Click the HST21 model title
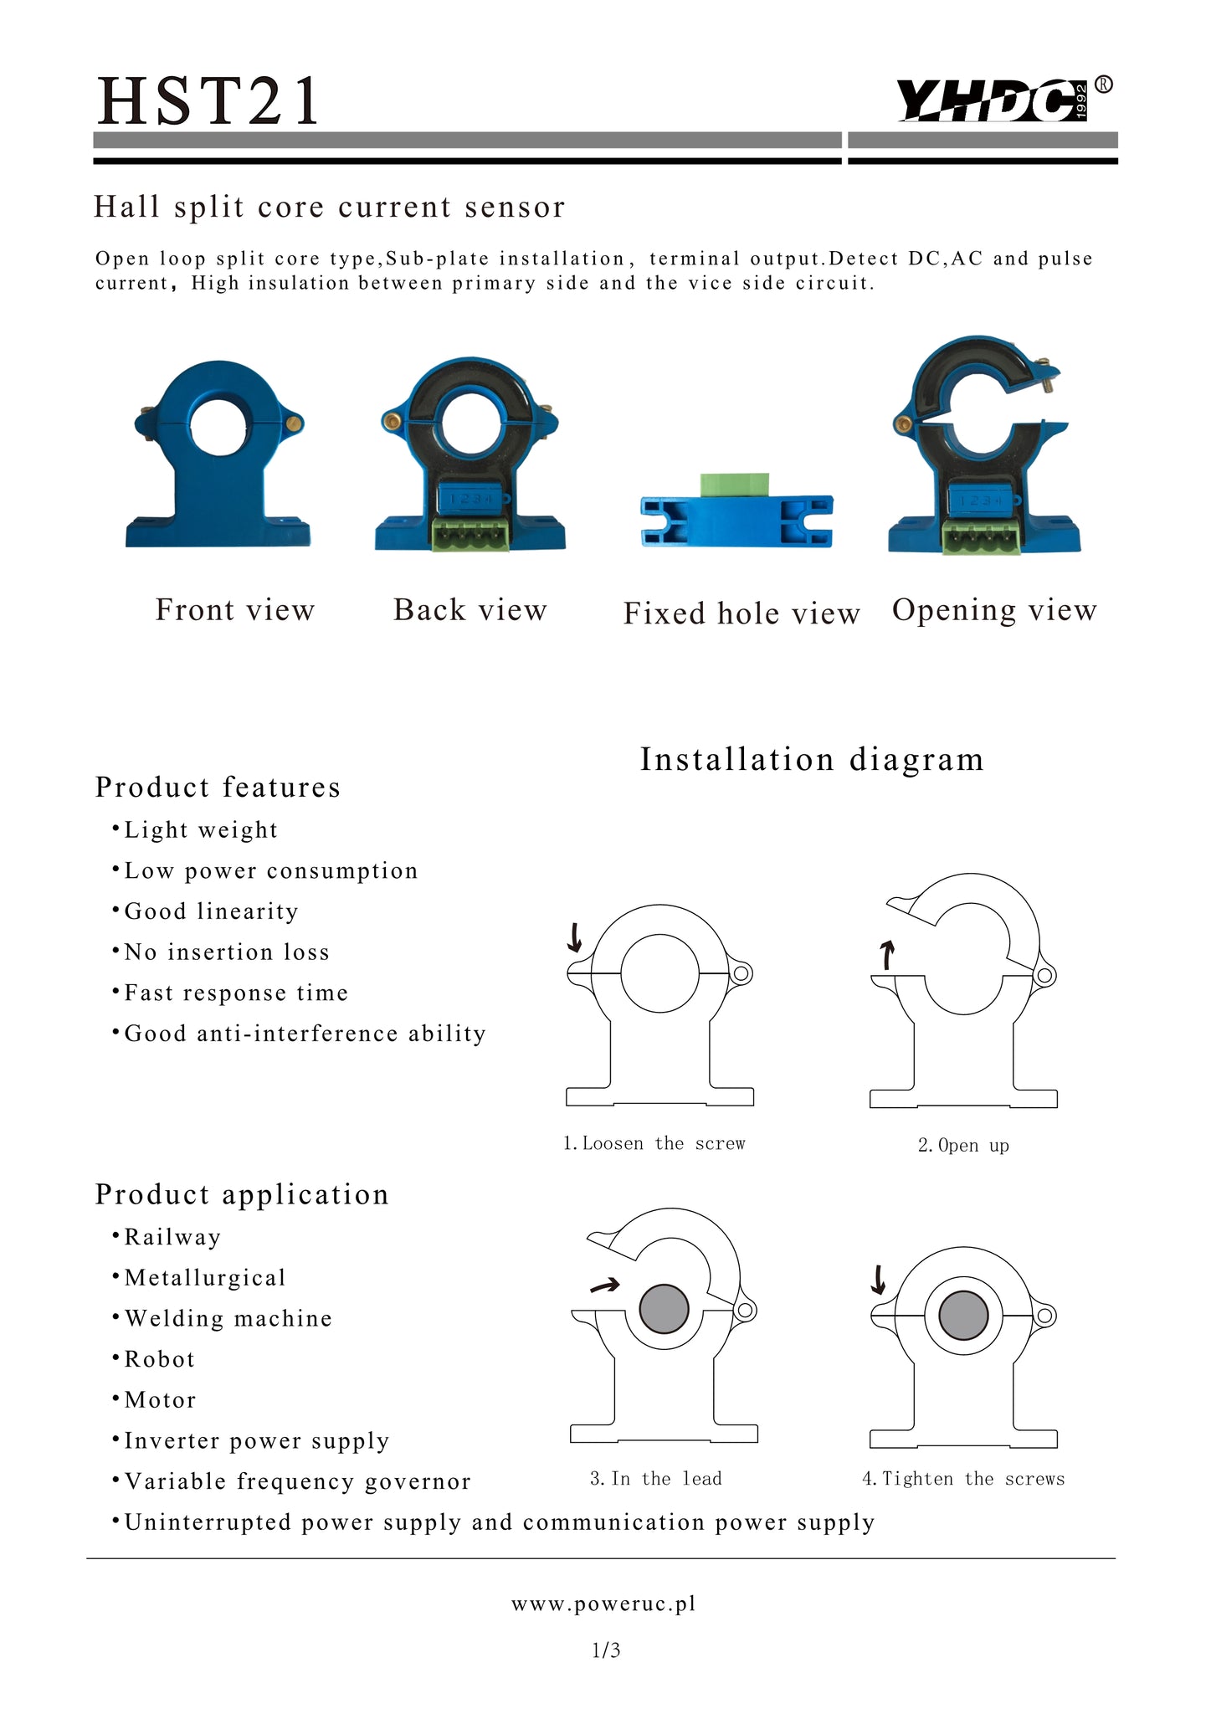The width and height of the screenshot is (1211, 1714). pos(208,100)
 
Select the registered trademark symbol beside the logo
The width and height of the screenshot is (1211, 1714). pos(1105,84)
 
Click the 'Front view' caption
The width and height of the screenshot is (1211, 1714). pos(235,610)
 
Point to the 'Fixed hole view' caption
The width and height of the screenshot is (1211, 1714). pos(741,613)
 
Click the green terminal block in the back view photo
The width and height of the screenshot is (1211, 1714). pos(471,533)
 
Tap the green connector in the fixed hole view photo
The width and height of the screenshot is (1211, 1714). pos(735,485)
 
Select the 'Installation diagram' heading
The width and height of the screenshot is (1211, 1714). pos(812,760)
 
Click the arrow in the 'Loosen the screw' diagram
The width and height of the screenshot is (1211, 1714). pos(575,938)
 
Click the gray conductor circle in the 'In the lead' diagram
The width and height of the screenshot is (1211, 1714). pos(664,1309)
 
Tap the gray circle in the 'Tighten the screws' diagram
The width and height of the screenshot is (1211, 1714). pos(963,1315)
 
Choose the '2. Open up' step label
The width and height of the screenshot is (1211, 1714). pos(963,1145)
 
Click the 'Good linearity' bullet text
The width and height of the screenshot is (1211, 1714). pos(211,911)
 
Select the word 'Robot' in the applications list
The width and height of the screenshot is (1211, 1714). pos(159,1359)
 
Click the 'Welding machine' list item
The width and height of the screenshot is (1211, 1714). pos(228,1319)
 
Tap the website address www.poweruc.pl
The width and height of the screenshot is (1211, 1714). pos(604,1604)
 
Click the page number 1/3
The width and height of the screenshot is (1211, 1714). pos(606,1650)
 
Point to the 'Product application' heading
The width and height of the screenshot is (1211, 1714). pos(242,1194)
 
